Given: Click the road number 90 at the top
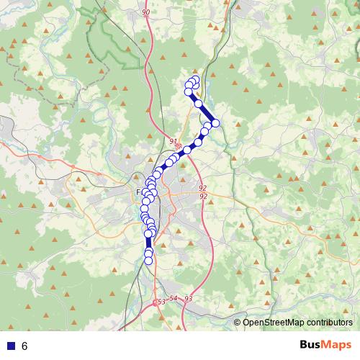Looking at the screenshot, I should coord(146,13).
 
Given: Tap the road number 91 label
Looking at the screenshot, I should coord(174,141).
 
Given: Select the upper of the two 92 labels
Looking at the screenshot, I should coord(203,188).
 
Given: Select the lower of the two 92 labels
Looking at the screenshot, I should coord(203,196).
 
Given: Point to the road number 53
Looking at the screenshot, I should coord(161,302).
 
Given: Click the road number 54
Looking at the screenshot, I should coord(174,298).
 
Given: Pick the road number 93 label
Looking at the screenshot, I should coord(189,298).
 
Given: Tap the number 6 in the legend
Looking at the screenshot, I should coord(24,346).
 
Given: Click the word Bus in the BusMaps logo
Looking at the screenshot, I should coord(311,345).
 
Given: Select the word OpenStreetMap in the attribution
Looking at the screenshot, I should coord(272,323).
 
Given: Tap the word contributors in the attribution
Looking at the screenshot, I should coord(328,323).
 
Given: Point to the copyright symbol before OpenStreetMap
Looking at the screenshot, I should coord(238,323).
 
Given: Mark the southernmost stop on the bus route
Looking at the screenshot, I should coord(149,261).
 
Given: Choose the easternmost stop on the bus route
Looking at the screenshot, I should coord(215,123).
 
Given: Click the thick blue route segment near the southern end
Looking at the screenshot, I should coord(149,243).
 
